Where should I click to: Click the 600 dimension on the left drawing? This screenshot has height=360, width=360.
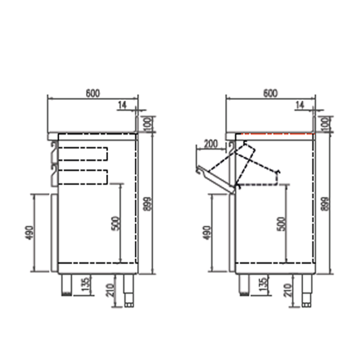click(x=93, y=93)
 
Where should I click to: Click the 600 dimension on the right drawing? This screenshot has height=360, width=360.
click(x=270, y=93)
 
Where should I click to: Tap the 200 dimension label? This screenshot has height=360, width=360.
click(x=211, y=144)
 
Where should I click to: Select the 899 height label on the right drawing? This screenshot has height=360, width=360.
click(x=325, y=204)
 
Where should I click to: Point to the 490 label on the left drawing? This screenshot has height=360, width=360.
click(x=29, y=233)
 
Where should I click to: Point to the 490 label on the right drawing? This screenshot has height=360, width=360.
click(x=207, y=233)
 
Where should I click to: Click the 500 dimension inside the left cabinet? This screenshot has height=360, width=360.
click(x=116, y=223)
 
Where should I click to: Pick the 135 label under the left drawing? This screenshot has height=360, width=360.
click(x=85, y=284)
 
